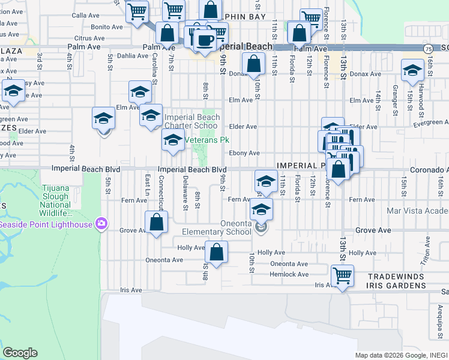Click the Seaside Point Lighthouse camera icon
101,224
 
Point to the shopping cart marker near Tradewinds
342,277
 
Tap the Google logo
20,353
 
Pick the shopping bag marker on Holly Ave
216,253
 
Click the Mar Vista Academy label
418,211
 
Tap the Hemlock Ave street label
289,274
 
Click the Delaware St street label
185,199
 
